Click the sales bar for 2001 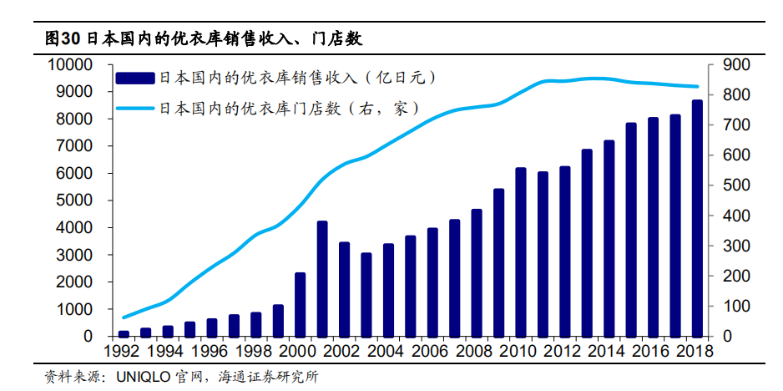pos(322,278)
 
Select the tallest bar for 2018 pos(697,218)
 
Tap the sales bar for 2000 pos(301,304)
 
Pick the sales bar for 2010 pos(521,252)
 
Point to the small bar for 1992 pos(124,333)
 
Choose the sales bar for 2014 pos(609,238)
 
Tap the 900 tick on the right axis pos(733,65)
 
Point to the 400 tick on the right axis pos(733,216)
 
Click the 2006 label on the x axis pos(432,350)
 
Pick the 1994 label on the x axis pos(168,350)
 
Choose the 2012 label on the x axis pos(565,350)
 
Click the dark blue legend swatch pos(135,79)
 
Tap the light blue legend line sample pos(135,108)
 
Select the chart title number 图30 pos(63,39)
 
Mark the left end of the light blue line pos(124,317)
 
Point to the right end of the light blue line pos(697,87)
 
